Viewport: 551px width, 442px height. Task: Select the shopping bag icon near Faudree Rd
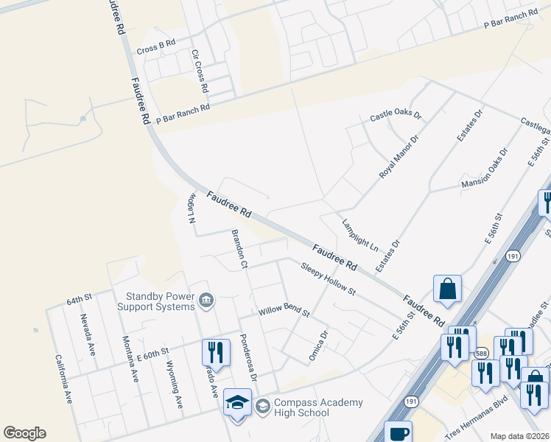click(x=447, y=290)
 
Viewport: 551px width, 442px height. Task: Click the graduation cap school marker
click(x=236, y=403)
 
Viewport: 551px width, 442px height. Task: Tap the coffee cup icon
click(x=398, y=433)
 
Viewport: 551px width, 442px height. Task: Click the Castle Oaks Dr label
click(x=395, y=116)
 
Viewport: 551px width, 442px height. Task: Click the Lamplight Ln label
click(x=359, y=234)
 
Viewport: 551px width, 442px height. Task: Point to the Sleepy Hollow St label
click(x=327, y=278)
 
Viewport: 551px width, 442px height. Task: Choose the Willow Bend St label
click(x=284, y=313)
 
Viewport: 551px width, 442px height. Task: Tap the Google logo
click(x=24, y=433)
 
